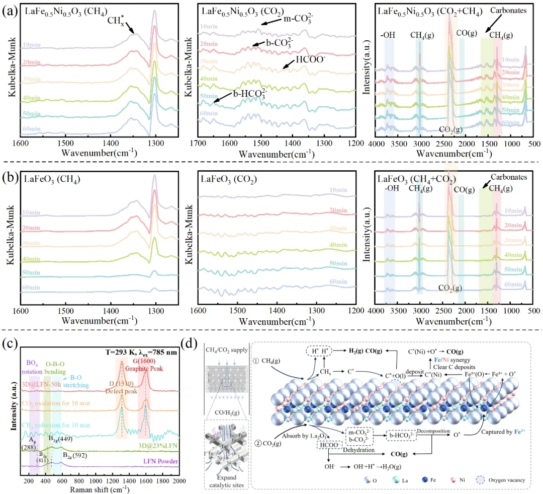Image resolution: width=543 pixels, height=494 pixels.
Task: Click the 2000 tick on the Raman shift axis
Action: (x=179, y=481)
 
